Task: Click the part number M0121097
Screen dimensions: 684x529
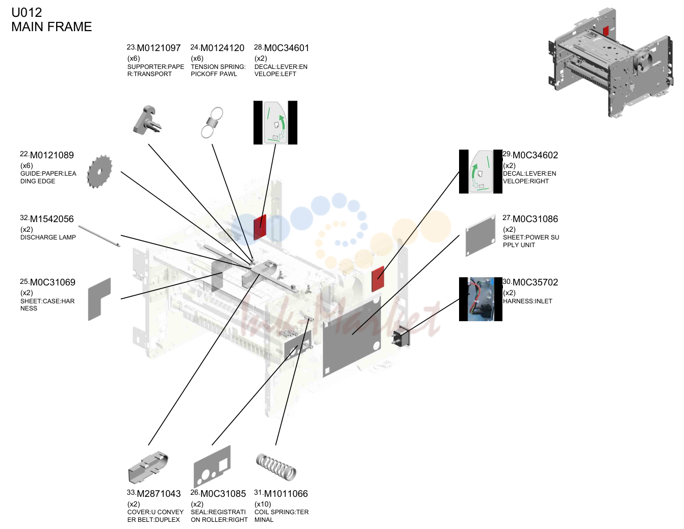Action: pos(159,48)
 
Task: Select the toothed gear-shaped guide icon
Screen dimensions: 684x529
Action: pos(99,172)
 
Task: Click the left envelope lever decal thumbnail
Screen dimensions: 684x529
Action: pos(275,123)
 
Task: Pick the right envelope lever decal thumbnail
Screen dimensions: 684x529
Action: pos(480,172)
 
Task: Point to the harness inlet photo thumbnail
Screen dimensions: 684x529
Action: pos(480,299)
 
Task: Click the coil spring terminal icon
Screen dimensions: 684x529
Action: pos(276,467)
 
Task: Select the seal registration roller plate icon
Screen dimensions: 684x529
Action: pos(212,466)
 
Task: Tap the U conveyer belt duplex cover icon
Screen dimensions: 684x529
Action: pos(148,468)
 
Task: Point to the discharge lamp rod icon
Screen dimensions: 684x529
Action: pos(99,236)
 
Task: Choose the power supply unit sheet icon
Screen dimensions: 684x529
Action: pos(480,235)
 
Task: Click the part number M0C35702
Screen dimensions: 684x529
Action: pos(535,282)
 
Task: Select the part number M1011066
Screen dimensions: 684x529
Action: pos(286,494)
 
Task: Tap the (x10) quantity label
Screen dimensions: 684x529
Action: pos(263,504)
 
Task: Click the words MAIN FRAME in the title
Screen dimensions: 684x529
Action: pos(52,27)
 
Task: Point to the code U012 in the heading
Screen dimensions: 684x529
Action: pos(27,13)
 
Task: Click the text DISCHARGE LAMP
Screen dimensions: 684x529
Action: pos(48,237)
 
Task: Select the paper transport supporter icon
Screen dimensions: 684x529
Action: pos(147,121)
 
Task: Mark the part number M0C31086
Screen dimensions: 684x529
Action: pos(535,219)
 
